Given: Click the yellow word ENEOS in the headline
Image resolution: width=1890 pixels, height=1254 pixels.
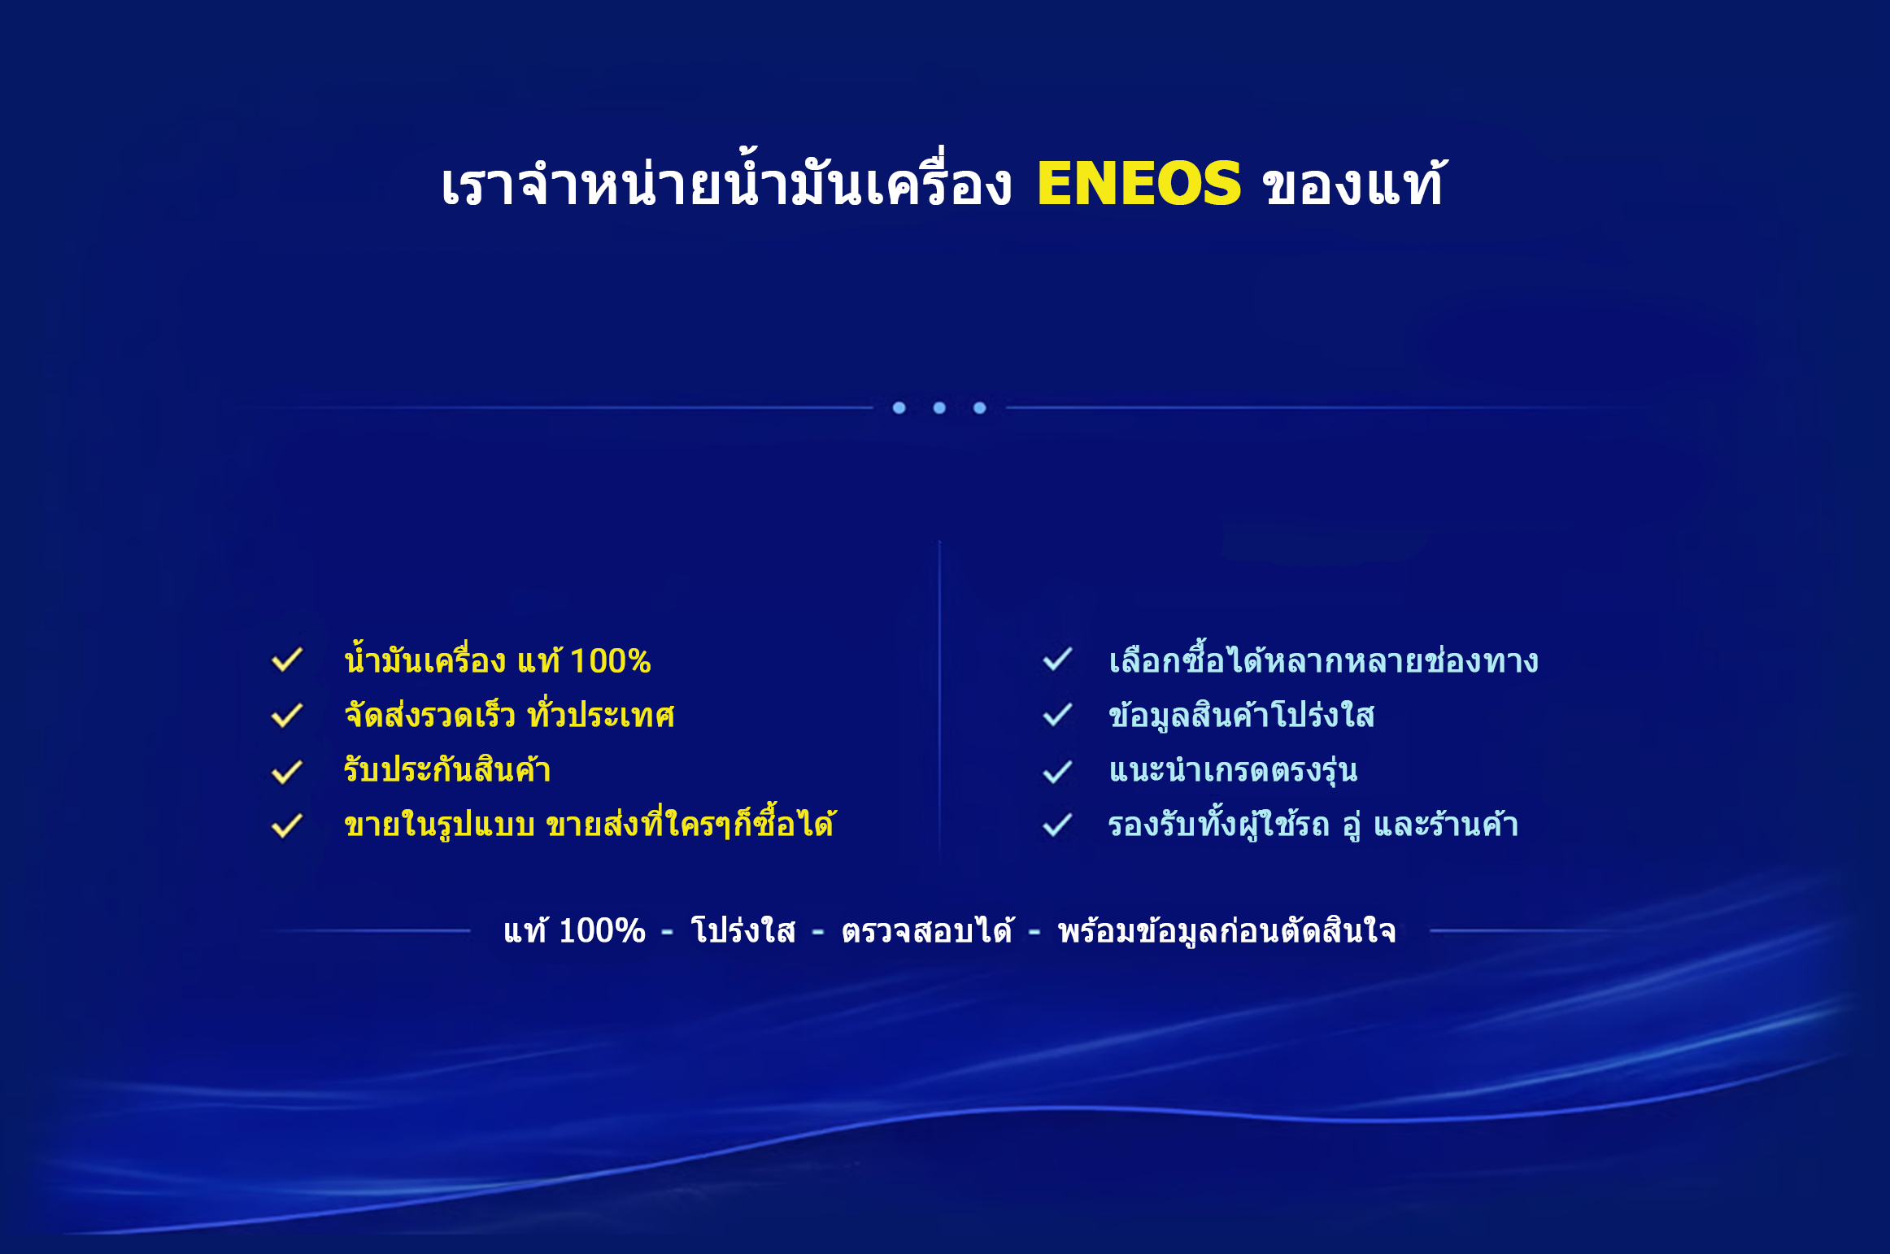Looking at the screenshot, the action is (1139, 183).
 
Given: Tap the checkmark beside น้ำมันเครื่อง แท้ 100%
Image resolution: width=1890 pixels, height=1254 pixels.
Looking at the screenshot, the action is (287, 660).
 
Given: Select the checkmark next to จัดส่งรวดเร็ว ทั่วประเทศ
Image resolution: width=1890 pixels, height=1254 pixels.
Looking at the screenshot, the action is (287, 715).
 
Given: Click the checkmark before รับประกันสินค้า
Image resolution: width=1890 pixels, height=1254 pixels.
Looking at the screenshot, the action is (287, 771).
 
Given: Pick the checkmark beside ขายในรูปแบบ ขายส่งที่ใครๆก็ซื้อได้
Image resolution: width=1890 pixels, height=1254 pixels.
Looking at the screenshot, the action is (287, 825).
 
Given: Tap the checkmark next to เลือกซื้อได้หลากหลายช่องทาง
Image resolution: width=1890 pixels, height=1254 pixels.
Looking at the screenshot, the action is (1058, 660).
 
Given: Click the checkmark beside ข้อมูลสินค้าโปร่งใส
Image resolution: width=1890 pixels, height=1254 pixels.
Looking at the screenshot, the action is (1058, 715).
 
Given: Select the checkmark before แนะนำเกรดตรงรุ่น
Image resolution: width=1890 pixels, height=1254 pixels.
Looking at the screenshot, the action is (1058, 771).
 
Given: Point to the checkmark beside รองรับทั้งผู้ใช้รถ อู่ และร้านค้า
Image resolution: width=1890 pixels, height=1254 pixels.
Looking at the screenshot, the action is (1058, 825).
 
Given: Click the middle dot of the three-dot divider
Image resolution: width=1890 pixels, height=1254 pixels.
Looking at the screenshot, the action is (939, 407).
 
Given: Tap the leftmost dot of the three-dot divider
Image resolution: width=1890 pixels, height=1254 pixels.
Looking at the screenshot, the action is (899, 407).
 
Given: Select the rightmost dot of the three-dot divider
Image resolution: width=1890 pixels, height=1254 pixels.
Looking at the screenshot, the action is (980, 407).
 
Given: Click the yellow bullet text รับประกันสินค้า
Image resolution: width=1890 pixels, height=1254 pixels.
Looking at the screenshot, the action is (447, 769).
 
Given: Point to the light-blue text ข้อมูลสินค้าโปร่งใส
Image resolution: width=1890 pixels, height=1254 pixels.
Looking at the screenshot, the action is (1242, 715).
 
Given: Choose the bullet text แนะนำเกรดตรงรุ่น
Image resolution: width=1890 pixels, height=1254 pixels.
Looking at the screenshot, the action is (1234, 769).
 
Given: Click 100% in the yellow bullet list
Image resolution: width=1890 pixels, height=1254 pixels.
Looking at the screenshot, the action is (610, 661).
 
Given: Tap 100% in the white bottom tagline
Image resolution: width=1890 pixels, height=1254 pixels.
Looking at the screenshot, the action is (603, 931).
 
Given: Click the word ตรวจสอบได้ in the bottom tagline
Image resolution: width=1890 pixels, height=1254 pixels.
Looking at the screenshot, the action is (928, 930).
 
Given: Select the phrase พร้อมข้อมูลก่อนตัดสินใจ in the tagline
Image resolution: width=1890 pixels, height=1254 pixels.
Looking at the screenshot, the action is (1227, 930).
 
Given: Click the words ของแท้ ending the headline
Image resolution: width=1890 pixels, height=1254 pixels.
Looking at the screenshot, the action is (1353, 183).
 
